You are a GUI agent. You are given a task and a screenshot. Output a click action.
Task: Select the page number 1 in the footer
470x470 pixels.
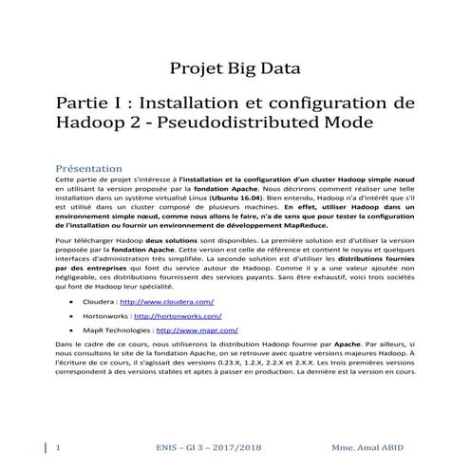59,446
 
